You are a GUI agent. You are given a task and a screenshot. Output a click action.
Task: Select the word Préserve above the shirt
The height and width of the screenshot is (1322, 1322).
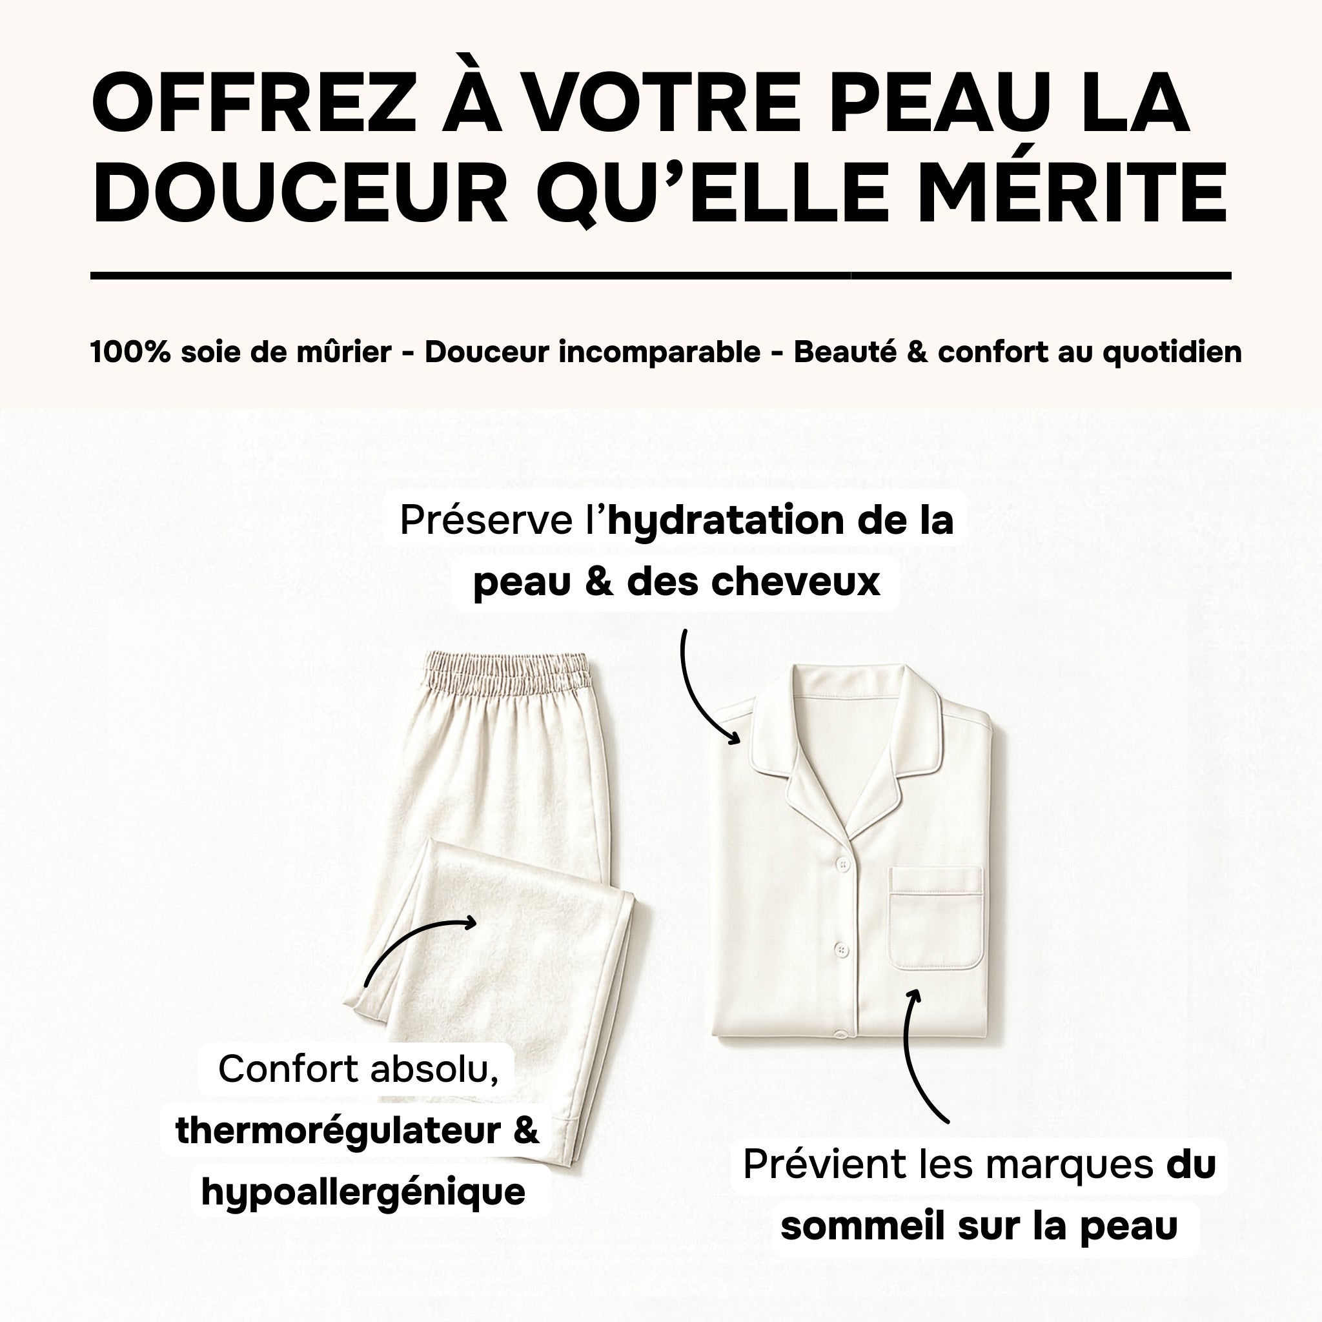coord(487,520)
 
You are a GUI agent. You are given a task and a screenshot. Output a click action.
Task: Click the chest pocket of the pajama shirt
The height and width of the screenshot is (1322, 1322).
coord(936,919)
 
